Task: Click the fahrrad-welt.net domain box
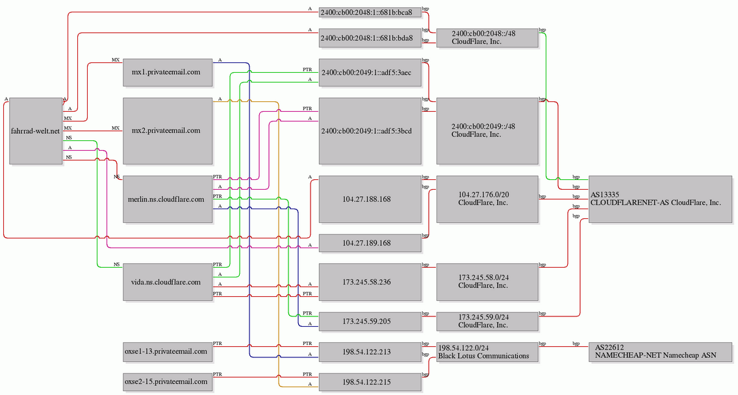click(x=36, y=131)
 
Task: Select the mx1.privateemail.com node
click(x=168, y=73)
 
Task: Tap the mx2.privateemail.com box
click(x=168, y=131)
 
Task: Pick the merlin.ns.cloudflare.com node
click(x=168, y=199)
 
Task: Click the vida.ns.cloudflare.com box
click(x=168, y=282)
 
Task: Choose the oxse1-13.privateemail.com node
click(x=168, y=351)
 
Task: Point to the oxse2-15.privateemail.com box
click(x=168, y=382)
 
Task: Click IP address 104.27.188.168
click(x=370, y=199)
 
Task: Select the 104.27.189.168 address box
click(x=370, y=243)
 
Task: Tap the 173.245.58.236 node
click(x=370, y=282)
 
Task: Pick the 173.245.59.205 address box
click(x=370, y=322)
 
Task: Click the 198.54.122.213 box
click(x=370, y=351)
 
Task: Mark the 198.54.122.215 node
click(x=370, y=382)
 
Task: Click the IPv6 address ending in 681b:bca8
click(x=370, y=12)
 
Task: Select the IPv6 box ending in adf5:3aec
click(x=370, y=73)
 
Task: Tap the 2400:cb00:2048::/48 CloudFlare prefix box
click(x=487, y=38)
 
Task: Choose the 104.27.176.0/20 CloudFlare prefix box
click(x=487, y=199)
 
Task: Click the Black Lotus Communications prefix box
click(x=487, y=351)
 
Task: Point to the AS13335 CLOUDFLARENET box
click(x=660, y=199)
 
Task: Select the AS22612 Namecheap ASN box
click(x=660, y=351)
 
